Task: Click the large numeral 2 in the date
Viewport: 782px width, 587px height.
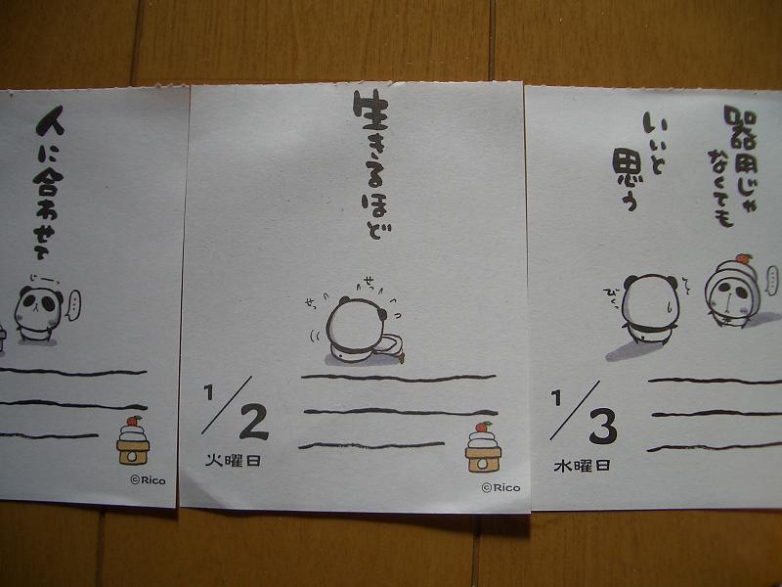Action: click(x=254, y=422)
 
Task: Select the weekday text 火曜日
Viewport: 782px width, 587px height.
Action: click(x=233, y=460)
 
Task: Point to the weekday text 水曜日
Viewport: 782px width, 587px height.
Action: click(x=582, y=466)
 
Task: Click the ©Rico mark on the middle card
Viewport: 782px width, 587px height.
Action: click(x=500, y=487)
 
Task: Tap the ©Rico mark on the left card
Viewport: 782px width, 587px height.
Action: click(x=148, y=480)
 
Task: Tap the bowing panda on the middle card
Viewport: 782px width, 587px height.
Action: click(x=360, y=331)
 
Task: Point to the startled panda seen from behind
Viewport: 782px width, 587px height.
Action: click(x=649, y=309)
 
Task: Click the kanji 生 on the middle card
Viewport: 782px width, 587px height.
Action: click(x=371, y=110)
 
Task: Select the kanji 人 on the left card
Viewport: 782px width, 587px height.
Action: click(x=51, y=121)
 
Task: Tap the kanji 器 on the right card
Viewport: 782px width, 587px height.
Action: click(x=740, y=127)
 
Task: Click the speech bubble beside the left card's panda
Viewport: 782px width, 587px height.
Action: click(x=74, y=305)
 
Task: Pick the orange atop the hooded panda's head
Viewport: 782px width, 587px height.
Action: click(x=743, y=258)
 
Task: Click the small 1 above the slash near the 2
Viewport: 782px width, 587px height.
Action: click(x=208, y=392)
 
